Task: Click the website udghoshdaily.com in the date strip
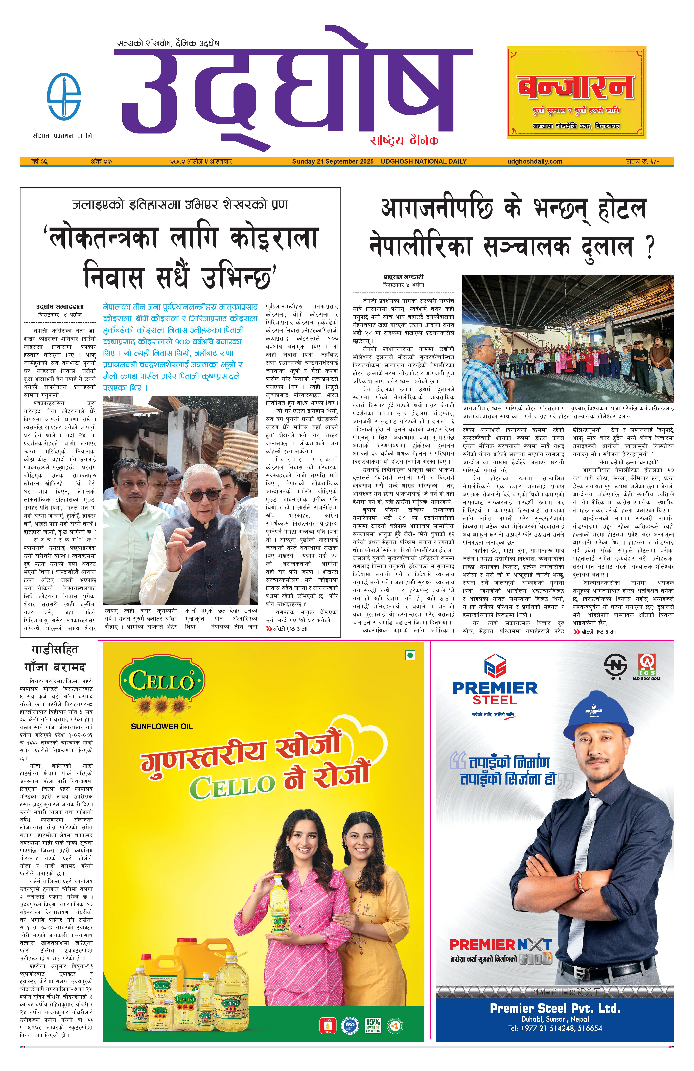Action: tap(534, 161)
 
